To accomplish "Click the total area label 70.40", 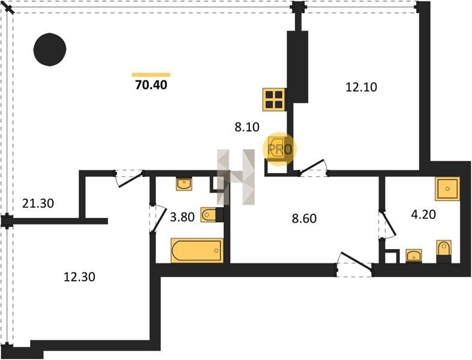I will click(151, 85).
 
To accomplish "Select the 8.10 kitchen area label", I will click(247, 127).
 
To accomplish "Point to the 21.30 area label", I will click(37, 203).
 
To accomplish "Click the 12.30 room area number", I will click(80, 277).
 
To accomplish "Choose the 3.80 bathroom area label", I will click(183, 217).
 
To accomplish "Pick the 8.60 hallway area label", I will click(304, 219).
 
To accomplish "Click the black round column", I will click(49, 50).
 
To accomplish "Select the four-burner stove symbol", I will click(274, 99).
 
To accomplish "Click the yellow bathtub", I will click(196, 251).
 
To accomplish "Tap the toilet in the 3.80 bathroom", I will click(211, 214).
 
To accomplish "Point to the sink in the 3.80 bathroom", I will click(184, 184).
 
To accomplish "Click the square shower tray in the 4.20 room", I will click(447, 189).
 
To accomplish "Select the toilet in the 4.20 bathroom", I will click(443, 250).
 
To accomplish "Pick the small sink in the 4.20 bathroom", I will click(414, 256).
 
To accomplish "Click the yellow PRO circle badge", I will click(280, 148).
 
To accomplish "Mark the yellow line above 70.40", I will click(151, 75).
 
